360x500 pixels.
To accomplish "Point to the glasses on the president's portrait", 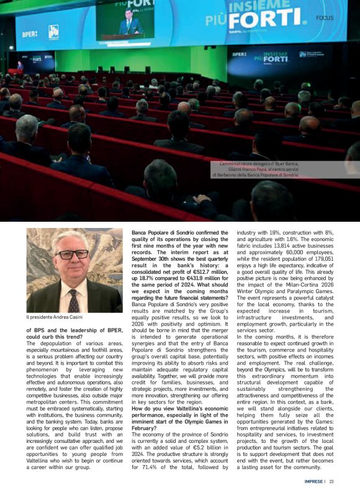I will pyautogui.click(x=73, y=255).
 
